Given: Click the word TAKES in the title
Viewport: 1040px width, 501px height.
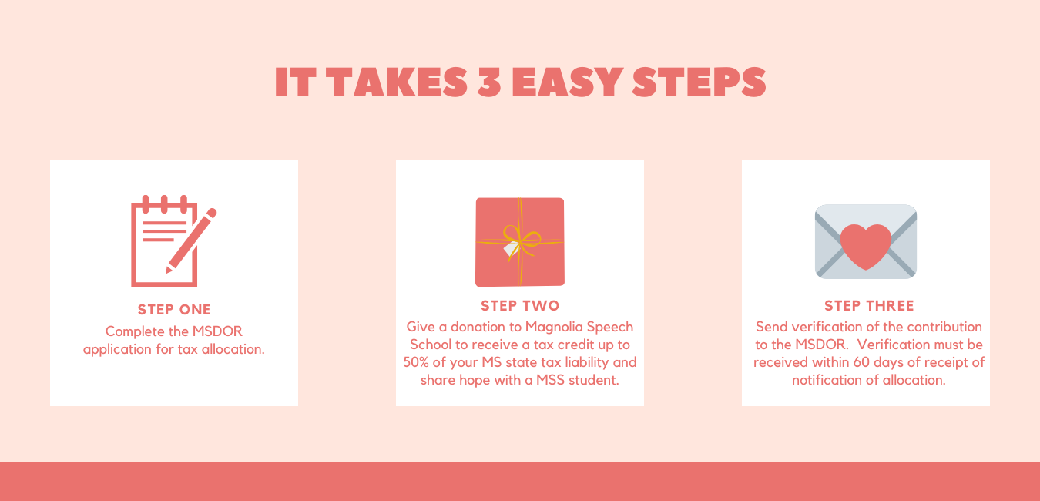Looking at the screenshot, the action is [397, 82].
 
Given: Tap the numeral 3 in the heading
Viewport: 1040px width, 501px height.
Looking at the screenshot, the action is [489, 82].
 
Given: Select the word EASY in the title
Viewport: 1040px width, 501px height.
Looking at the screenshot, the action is [567, 82].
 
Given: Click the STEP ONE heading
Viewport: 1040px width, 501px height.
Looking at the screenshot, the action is [174, 309].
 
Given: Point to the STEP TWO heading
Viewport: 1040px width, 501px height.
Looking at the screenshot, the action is [520, 305].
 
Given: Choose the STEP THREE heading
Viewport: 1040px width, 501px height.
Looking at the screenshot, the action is [869, 305].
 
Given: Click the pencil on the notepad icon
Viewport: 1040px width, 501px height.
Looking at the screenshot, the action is [191, 240].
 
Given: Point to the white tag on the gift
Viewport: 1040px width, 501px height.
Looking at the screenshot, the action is [511, 249].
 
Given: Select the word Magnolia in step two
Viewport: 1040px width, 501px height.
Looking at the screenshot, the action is [554, 327].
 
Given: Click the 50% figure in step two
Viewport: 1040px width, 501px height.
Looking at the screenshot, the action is [415, 362].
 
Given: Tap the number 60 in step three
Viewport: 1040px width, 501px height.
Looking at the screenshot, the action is [862, 362].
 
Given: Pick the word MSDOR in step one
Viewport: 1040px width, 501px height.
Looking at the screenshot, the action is [217, 331].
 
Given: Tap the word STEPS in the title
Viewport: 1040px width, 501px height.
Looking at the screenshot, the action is [699, 82].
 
